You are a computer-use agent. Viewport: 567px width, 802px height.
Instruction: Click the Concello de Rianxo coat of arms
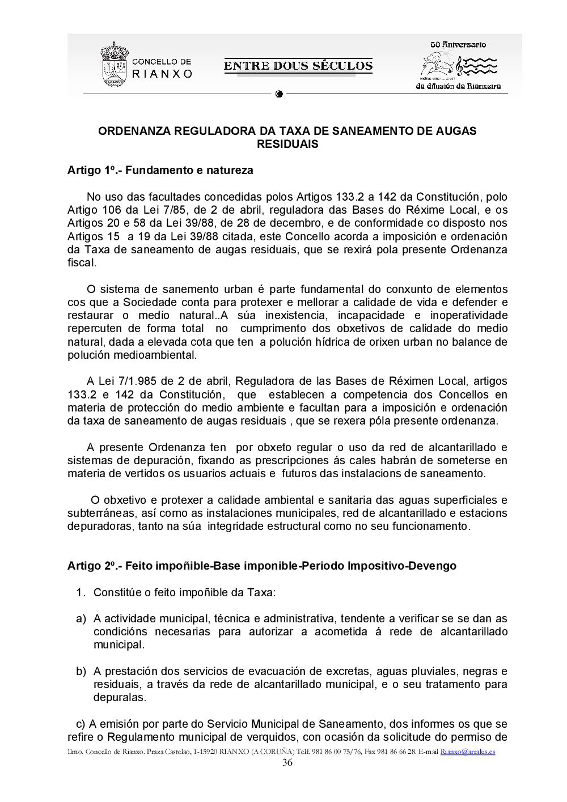pos(113,65)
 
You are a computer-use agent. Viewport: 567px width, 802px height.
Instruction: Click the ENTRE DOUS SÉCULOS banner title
pos(298,66)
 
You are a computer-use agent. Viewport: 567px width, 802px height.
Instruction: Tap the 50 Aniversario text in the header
pos(458,44)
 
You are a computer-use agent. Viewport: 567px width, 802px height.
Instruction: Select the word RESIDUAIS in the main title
pos(287,144)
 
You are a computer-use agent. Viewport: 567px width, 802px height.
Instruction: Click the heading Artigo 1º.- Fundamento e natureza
pos(160,171)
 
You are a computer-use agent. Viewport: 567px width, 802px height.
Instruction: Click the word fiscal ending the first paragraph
pos(81,263)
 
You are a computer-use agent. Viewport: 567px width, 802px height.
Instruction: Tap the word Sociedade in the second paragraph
pos(151,303)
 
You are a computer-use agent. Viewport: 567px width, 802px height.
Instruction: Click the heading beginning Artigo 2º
pos(262,566)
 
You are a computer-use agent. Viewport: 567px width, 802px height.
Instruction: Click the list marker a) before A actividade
pos(81,619)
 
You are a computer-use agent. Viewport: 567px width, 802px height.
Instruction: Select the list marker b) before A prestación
pos(81,672)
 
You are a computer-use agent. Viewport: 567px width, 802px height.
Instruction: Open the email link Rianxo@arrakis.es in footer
pos(468,752)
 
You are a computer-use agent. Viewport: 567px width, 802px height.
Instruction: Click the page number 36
pos(287,763)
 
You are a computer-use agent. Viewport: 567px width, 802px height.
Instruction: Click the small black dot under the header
pos(279,94)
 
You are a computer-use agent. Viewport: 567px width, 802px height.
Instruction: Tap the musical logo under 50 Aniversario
pos(458,66)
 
